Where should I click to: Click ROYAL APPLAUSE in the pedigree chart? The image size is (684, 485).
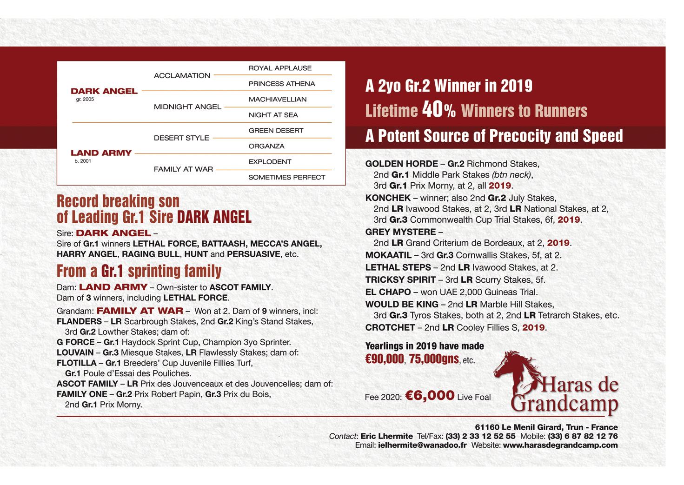pyautogui.click(x=280, y=68)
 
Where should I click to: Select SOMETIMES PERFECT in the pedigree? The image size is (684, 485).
pyautogui.click(x=286, y=177)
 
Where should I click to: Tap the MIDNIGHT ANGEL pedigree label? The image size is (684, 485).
pyautogui.click(x=187, y=106)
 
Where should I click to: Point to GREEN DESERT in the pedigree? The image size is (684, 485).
pyautogui.click(x=276, y=130)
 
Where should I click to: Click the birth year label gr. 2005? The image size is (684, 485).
pyautogui.click(x=85, y=100)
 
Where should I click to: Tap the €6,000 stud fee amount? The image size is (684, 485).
pyautogui.click(x=430, y=396)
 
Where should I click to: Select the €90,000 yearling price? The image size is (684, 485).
pyautogui.click(x=385, y=359)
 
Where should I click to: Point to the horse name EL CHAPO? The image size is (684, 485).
pyautogui.click(x=388, y=292)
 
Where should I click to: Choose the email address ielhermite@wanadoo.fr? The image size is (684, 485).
pyautogui.click(x=422, y=445)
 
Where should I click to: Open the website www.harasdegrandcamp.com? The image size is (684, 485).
pyautogui.click(x=560, y=445)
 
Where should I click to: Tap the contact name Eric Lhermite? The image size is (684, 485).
pyautogui.click(x=386, y=436)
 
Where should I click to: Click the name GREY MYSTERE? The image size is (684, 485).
pyautogui.click(x=400, y=232)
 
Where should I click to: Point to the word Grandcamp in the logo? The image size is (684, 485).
pyautogui.click(x=564, y=404)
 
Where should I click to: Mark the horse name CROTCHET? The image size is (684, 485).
pyautogui.click(x=390, y=327)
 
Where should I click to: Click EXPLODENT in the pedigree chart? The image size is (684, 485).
pyautogui.click(x=270, y=161)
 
